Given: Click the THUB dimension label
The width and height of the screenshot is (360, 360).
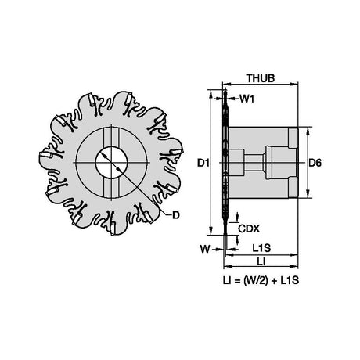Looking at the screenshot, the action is tap(261, 78).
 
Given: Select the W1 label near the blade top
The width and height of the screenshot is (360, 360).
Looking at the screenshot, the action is tap(247, 99).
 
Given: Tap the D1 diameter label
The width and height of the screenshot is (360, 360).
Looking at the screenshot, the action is tap(203, 163).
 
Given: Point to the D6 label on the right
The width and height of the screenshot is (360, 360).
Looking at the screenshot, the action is tap(315, 163).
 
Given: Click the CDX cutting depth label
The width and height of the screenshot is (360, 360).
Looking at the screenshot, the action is tap(249, 229).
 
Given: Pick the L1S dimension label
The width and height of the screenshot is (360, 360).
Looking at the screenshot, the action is tap(261, 248).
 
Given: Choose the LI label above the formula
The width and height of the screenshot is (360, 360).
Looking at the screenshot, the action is tap(261, 261).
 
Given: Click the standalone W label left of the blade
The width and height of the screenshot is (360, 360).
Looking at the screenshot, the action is tap(205, 249).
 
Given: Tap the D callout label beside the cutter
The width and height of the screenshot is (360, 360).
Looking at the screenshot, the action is tap(176, 215).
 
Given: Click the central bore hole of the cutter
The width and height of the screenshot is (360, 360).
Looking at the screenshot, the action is tap(112, 163).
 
